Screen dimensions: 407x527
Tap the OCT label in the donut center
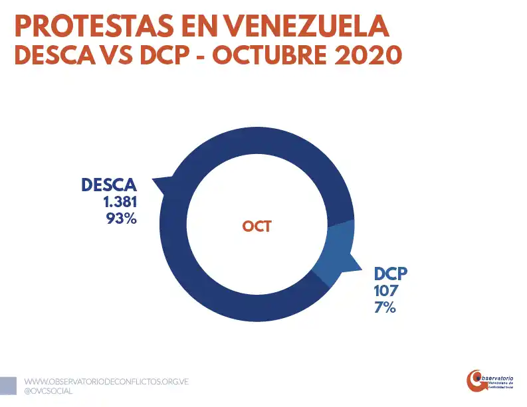click(257, 226)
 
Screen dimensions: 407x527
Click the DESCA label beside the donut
click(109, 185)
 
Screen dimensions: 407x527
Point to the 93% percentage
click(121, 218)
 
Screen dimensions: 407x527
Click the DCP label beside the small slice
click(390, 274)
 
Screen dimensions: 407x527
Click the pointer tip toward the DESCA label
click(154, 179)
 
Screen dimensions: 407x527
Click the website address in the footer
click(107, 382)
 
